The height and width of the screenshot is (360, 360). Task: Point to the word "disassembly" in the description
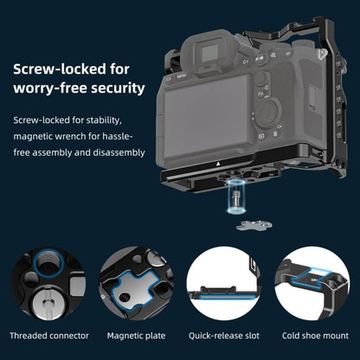coord(115,152)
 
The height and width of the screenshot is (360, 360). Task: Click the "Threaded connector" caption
coord(48,335)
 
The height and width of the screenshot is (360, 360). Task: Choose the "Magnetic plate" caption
coord(136,335)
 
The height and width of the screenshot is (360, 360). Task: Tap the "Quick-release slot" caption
coord(224,335)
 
